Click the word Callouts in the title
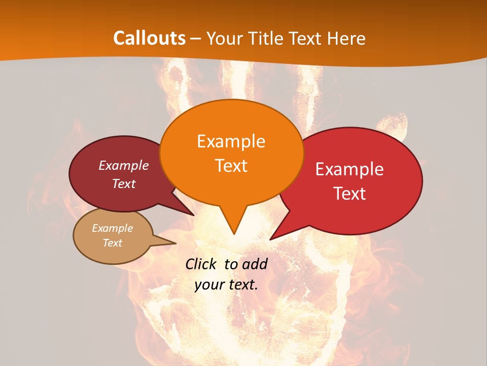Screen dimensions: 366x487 pos(149,38)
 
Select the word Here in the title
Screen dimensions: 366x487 pos(346,38)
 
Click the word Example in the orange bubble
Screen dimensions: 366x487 pos(231,141)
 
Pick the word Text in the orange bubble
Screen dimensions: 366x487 pos(231,166)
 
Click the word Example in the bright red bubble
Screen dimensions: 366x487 pos(350,169)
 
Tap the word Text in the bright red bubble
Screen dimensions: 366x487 pos(350,194)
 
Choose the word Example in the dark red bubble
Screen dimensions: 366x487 pos(124,165)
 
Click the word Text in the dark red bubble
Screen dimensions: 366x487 pos(124,184)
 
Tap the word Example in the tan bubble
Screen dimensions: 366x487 pos(112,228)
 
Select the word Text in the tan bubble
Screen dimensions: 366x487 pos(112,243)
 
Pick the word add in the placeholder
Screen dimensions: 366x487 pos(255,264)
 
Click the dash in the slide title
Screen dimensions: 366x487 pos(196,39)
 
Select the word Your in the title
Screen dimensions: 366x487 pos(224,38)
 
